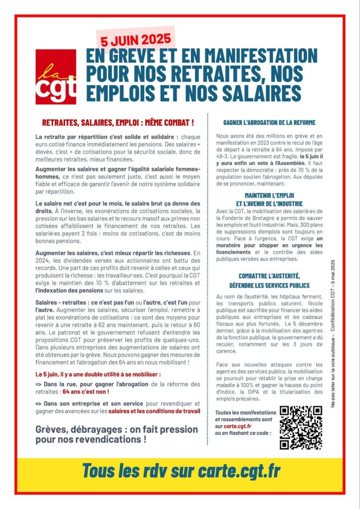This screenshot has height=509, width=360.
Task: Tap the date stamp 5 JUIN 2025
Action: tap(134, 39)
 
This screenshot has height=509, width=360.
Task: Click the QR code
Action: tap(300, 427)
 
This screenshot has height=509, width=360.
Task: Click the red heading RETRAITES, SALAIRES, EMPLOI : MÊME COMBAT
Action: tap(118, 122)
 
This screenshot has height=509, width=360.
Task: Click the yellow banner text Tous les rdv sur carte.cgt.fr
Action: tap(180, 470)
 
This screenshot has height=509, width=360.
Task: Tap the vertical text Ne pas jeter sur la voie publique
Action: tap(333, 368)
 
